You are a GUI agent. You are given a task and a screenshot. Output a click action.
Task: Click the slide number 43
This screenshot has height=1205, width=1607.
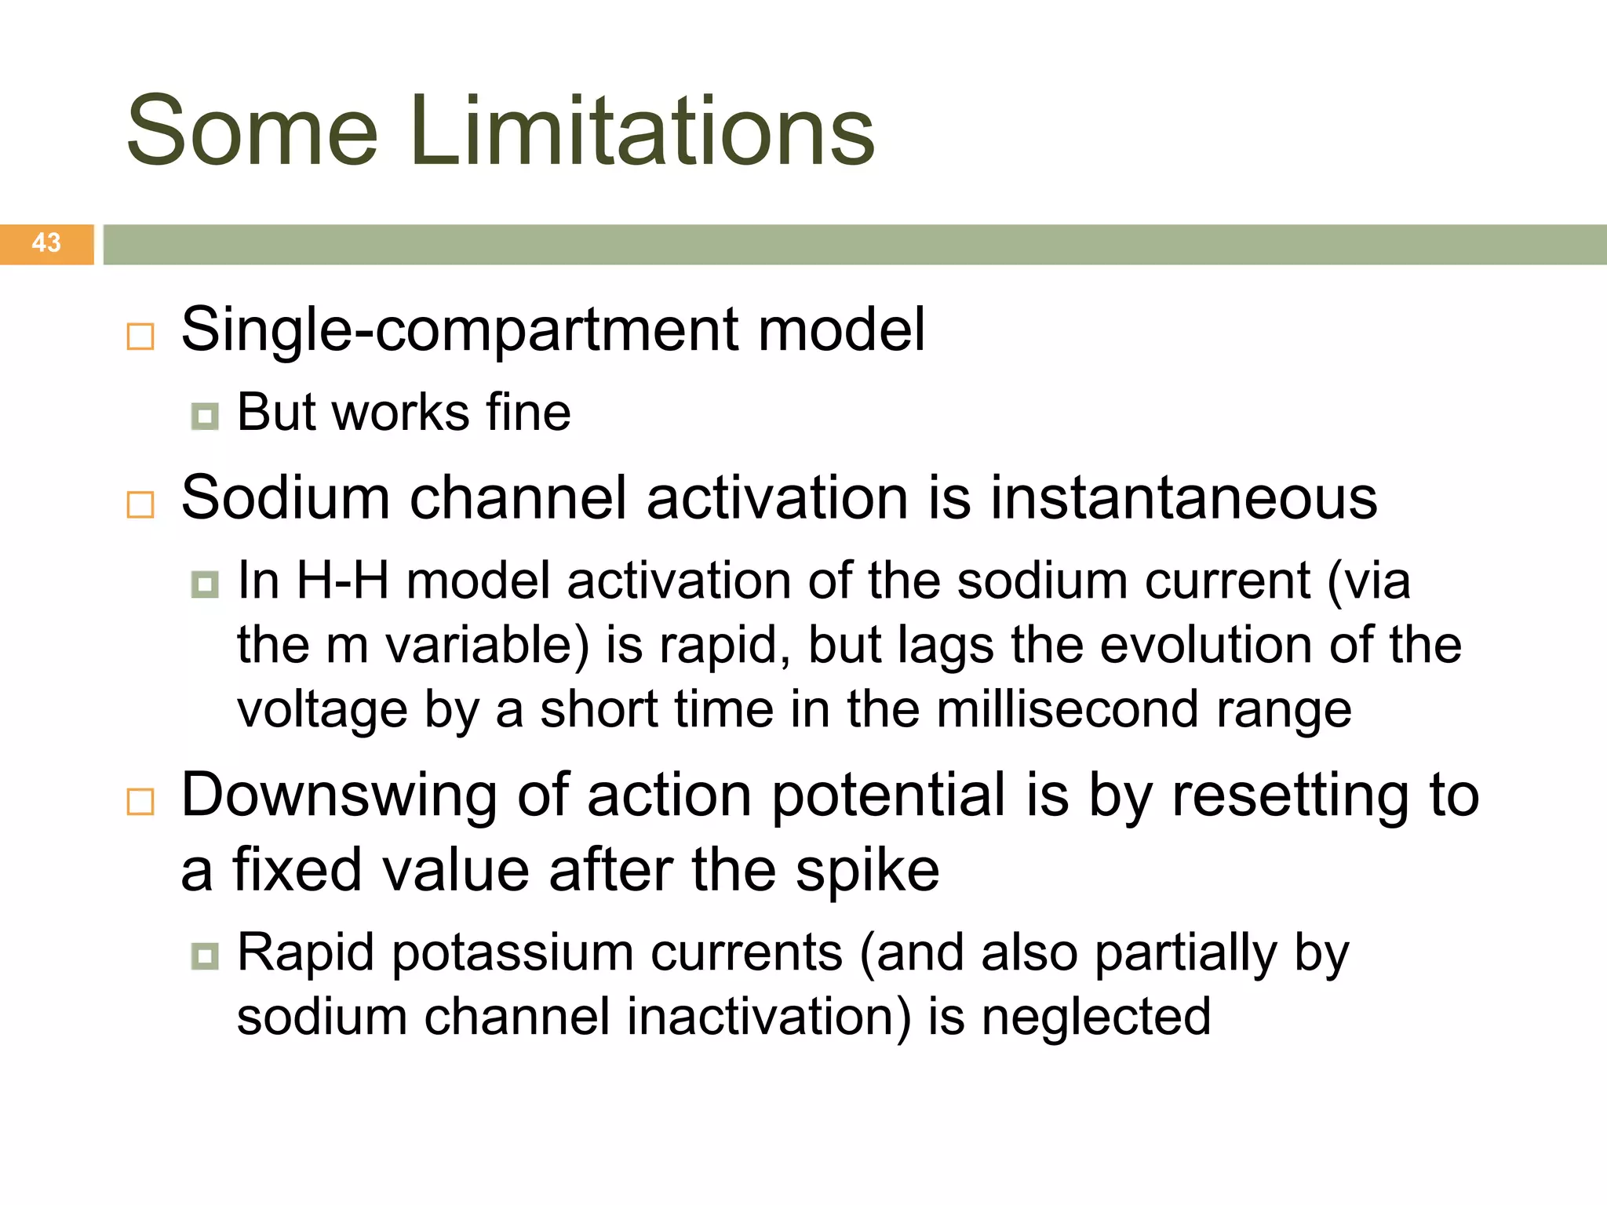46,242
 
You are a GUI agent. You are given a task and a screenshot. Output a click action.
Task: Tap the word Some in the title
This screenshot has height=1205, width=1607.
253,131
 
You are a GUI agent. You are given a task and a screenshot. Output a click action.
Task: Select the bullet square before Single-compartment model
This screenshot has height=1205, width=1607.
140,337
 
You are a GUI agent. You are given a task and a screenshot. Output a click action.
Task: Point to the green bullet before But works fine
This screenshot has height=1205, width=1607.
205,416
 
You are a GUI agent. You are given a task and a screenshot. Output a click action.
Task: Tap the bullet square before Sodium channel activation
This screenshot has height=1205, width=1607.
140,504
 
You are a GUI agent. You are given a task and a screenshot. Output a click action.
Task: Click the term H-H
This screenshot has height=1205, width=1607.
343,581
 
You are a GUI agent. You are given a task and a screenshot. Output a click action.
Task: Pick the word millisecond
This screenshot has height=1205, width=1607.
1067,709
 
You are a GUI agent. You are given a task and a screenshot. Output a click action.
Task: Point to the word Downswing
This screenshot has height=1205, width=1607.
339,795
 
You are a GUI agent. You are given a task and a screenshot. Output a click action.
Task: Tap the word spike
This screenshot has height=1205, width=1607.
867,871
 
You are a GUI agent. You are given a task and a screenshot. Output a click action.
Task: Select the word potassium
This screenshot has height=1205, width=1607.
512,953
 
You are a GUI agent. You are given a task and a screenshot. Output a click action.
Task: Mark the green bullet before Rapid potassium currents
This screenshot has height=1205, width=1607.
205,956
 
